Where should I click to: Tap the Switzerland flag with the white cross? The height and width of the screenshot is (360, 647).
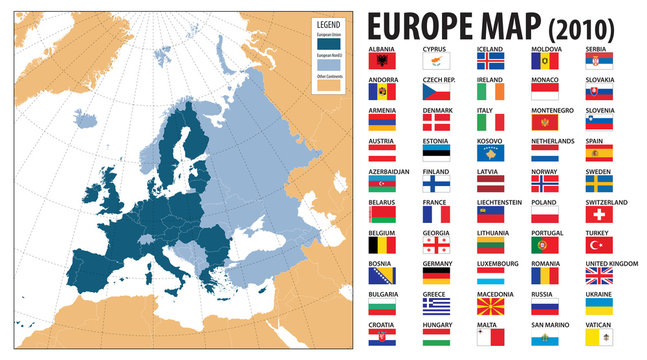point(597,214)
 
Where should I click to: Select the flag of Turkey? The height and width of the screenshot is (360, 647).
point(597,244)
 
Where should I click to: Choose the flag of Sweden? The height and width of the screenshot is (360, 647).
point(597,183)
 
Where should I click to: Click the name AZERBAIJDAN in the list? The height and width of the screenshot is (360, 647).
point(389,171)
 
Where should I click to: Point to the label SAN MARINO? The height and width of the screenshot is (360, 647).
point(550,323)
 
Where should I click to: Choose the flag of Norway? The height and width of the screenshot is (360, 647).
point(544,183)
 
